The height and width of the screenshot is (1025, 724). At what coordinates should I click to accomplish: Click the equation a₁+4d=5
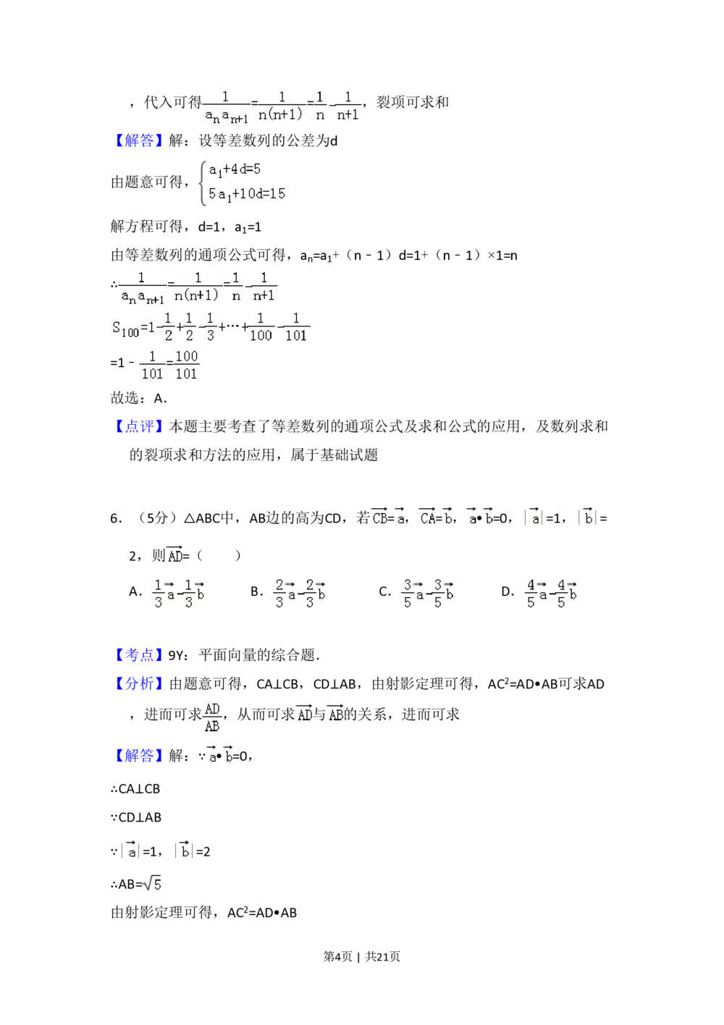click(235, 170)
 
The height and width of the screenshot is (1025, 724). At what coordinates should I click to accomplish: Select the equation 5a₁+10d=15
click(246, 194)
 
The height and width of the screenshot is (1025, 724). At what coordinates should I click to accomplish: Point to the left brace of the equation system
click(203, 182)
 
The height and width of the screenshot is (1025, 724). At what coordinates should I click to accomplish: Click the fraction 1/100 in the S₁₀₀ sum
click(261, 327)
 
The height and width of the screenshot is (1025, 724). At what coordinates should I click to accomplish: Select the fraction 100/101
click(187, 365)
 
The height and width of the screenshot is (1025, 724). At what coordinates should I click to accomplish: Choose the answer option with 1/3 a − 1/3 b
click(180, 594)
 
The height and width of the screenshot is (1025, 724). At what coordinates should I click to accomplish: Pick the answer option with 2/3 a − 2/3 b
click(301, 594)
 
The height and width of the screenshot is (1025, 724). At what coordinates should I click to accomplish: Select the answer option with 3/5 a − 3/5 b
click(429, 594)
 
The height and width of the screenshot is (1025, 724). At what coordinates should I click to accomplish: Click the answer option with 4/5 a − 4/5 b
click(550, 594)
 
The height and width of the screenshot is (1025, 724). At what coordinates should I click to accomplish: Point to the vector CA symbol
click(428, 517)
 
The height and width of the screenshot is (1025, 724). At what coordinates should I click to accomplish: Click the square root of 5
click(151, 885)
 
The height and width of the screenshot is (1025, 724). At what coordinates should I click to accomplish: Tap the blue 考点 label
click(139, 656)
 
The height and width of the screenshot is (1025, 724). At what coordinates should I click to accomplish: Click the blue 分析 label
click(139, 683)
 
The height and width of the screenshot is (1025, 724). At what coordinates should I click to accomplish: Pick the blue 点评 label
click(139, 426)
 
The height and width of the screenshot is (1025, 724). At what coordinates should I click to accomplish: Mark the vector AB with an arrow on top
click(336, 714)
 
